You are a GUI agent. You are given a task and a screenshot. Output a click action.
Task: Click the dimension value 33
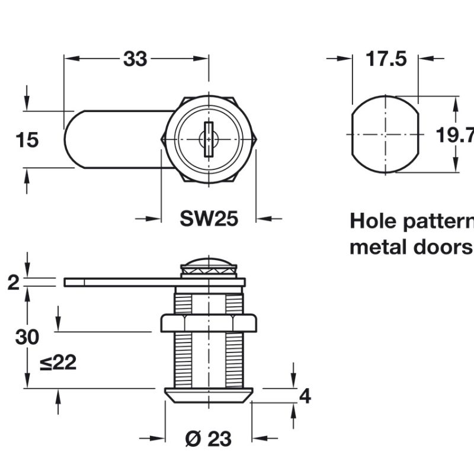(x=135, y=59)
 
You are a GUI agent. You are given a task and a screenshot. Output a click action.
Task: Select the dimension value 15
(x=27, y=140)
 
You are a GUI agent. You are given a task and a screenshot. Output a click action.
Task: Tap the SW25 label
(x=209, y=219)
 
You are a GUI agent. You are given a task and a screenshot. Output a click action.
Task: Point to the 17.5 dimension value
(x=386, y=59)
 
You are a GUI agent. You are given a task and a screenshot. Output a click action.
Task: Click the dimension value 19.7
(x=455, y=136)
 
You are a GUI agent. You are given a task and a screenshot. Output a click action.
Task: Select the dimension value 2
(x=13, y=283)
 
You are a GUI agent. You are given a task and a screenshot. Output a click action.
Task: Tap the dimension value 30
(x=27, y=337)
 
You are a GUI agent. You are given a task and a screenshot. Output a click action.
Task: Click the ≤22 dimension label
(x=58, y=363)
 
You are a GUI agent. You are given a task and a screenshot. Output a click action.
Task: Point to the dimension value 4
(x=305, y=396)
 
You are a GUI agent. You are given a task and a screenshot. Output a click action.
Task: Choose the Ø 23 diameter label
(x=208, y=439)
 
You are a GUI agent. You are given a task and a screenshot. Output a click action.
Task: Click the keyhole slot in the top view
(x=209, y=140)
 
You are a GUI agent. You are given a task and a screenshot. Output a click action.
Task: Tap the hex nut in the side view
(x=209, y=324)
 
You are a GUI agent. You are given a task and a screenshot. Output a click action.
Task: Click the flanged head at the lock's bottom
(x=209, y=395)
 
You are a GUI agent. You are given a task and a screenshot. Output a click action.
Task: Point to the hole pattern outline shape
(x=386, y=135)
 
